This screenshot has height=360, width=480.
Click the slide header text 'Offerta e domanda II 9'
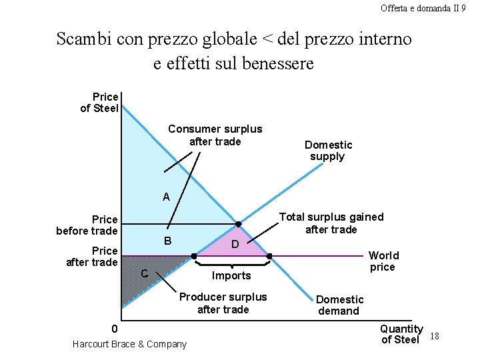(423, 8)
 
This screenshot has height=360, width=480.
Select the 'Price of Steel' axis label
(99, 103)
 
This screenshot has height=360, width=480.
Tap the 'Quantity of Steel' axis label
(401, 334)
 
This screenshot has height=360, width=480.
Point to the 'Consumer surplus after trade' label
(215, 135)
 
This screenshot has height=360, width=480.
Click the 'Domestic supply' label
(328, 151)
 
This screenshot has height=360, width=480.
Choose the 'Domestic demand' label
(339, 305)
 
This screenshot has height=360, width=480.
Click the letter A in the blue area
(166, 197)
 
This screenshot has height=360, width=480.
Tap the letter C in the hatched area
(144, 273)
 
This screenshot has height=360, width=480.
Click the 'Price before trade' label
(87, 225)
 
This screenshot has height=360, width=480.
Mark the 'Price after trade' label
(91, 256)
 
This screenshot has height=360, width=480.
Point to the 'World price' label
(383, 261)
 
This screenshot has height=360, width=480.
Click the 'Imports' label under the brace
(231, 276)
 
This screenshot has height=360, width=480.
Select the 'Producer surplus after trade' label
(223, 303)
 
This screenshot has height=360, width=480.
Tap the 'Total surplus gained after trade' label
(331, 223)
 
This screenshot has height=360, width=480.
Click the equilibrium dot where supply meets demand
(238, 224)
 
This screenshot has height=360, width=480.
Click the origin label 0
(114, 329)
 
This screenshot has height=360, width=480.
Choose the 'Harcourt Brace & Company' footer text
(129, 344)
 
